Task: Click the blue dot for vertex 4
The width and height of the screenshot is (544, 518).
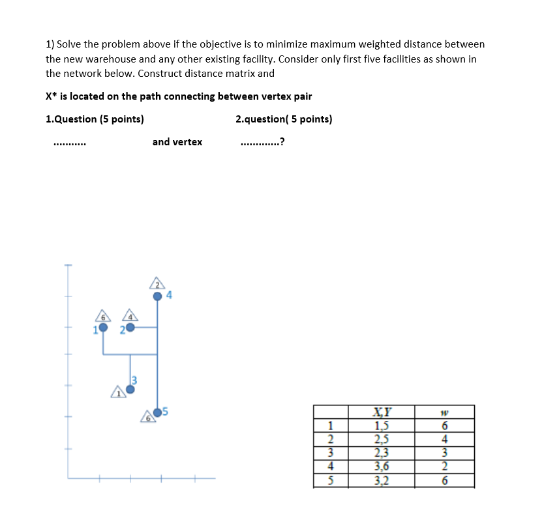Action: click(x=157, y=296)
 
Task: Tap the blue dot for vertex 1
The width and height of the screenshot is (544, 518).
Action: click(x=103, y=328)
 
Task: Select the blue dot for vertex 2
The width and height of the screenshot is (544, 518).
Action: click(x=130, y=328)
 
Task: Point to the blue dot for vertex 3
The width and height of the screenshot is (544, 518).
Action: click(x=130, y=390)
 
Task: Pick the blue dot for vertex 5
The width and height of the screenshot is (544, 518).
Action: click(x=157, y=412)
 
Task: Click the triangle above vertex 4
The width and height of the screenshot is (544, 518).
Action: click(x=157, y=283)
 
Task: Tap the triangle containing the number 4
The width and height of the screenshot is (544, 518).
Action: click(x=130, y=315)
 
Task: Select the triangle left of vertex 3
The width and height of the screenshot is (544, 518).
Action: click(x=118, y=392)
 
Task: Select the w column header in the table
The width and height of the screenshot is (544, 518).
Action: click(x=444, y=412)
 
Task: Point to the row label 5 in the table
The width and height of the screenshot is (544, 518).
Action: click(x=330, y=481)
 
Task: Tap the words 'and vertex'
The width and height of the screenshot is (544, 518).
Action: click(x=177, y=142)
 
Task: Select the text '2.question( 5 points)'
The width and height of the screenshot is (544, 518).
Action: click(x=284, y=119)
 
